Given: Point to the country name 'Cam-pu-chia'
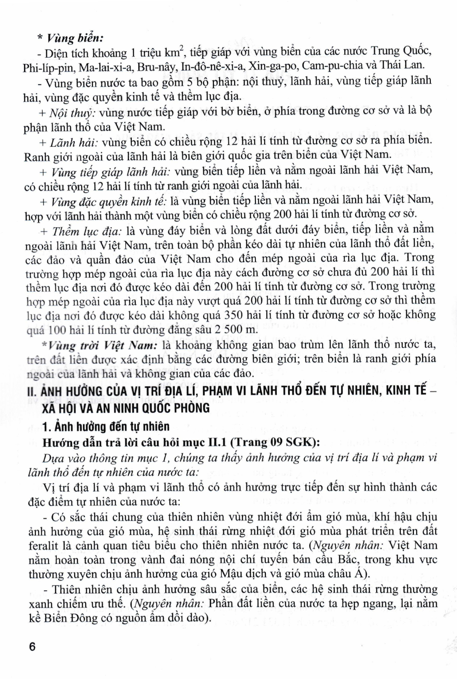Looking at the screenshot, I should pyautogui.click(x=328, y=66).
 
